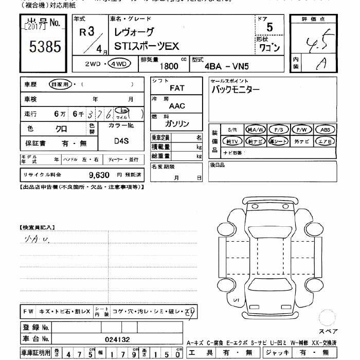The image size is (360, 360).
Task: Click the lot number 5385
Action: (45, 47)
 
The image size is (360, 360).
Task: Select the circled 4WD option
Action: (119, 64)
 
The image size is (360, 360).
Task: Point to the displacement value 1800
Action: (169, 66)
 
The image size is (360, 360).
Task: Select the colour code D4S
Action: (121, 139)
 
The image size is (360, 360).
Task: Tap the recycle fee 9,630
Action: (99, 175)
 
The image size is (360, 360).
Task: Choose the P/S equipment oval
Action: (279, 130)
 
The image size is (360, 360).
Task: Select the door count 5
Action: (269, 28)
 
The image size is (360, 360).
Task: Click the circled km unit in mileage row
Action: (122, 111)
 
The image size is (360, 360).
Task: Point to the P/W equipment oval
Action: (302, 130)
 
